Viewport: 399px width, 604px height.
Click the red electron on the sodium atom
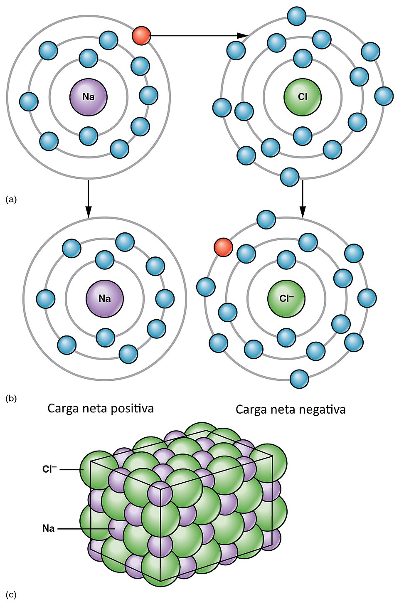click(141, 36)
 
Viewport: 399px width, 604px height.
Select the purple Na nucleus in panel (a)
click(89, 97)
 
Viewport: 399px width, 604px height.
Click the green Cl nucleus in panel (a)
click(303, 97)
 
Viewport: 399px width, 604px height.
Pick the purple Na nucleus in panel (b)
click(105, 298)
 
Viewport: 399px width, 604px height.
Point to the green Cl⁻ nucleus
click(286, 298)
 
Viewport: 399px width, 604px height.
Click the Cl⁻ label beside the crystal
click(49, 469)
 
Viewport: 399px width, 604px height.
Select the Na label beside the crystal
click(48, 529)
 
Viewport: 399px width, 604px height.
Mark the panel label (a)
click(11, 200)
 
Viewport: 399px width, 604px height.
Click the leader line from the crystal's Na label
click(85, 529)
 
